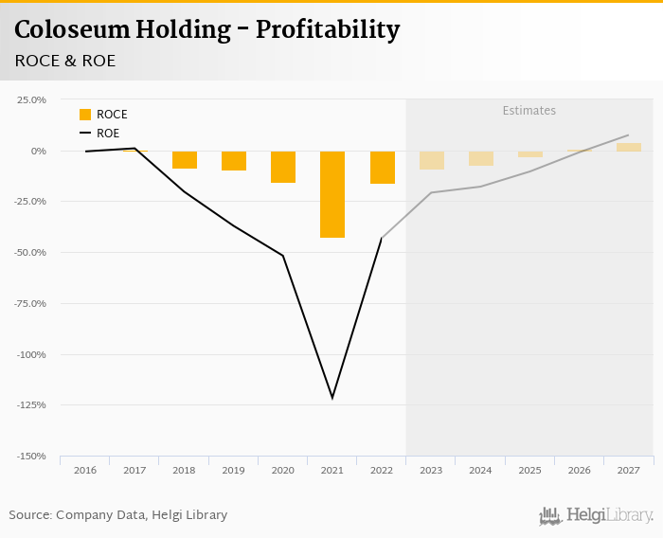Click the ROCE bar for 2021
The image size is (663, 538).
(x=332, y=194)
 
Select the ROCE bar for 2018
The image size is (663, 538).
(x=185, y=160)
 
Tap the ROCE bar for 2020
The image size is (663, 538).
(x=283, y=167)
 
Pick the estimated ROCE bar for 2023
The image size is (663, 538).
(x=432, y=160)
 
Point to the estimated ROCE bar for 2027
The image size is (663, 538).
(x=629, y=147)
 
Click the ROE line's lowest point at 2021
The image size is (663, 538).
(x=332, y=398)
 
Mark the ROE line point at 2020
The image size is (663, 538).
(x=283, y=255)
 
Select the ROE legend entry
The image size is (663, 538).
(x=102, y=134)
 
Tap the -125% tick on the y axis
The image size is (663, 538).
(x=30, y=405)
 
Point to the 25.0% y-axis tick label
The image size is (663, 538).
(x=30, y=99)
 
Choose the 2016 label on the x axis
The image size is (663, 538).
(x=85, y=470)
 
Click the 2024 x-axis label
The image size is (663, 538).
(x=480, y=470)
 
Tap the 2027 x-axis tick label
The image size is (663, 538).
(x=629, y=470)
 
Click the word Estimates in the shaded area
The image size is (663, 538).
(x=529, y=111)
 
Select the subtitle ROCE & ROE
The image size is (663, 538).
(x=64, y=61)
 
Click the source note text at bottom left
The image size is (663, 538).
(x=118, y=515)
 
